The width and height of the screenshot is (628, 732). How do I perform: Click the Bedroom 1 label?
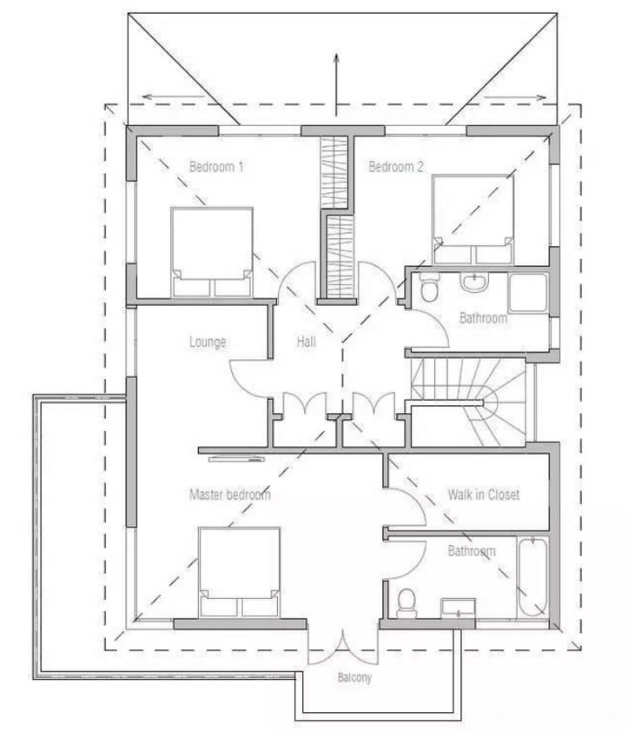pyautogui.click(x=215, y=167)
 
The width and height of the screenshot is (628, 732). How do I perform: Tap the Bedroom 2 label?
pyautogui.click(x=396, y=167)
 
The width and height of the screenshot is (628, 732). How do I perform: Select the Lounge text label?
pyautogui.click(x=208, y=343)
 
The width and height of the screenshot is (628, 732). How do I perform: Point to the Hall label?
pyautogui.click(x=306, y=343)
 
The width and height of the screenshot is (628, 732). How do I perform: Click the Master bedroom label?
pyautogui.click(x=229, y=496)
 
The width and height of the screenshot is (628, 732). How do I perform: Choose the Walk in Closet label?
pyautogui.click(x=483, y=495)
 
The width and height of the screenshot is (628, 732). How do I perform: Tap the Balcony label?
pyautogui.click(x=354, y=678)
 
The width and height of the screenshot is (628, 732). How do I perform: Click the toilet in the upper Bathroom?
pyautogui.click(x=427, y=289)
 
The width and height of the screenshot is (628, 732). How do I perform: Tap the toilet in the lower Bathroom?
pyautogui.click(x=406, y=602)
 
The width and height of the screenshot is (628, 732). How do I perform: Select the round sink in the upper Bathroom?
pyautogui.click(x=473, y=283)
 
